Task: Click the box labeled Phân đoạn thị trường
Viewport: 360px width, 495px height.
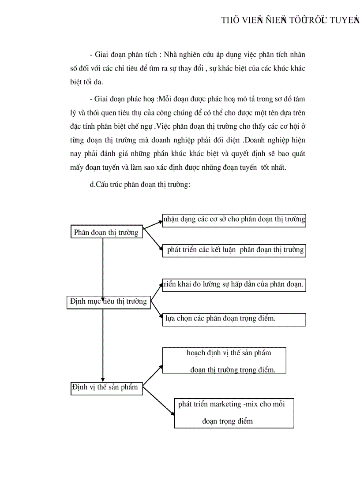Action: click(x=106, y=232)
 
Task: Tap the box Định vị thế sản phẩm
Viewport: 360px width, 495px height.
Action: click(x=105, y=388)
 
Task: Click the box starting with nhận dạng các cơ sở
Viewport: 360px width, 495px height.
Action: click(x=234, y=220)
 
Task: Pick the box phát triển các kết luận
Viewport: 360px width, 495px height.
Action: click(x=234, y=250)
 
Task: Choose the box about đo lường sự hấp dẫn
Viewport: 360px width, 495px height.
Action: click(x=234, y=285)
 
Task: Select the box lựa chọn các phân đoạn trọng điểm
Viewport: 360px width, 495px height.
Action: click(x=234, y=319)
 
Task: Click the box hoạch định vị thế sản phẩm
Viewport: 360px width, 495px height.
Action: click(x=224, y=361)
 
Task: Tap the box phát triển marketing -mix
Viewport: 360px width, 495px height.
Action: click(x=234, y=413)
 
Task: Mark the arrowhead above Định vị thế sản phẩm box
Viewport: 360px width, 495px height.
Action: click(x=103, y=379)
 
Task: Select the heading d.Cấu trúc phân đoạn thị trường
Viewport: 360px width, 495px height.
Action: click(x=140, y=185)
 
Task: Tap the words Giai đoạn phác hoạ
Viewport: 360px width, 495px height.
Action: click(x=125, y=99)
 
